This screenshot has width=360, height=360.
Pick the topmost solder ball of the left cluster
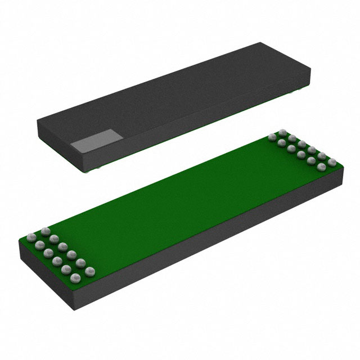[x=44, y=231]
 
